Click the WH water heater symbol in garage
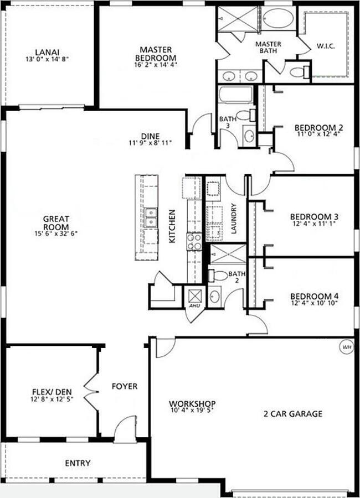347,347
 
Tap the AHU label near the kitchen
194,305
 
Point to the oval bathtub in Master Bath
279,19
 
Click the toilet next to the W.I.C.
299,71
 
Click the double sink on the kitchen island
151,217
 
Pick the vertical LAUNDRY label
234,219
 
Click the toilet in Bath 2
218,275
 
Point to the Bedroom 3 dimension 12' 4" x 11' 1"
314,224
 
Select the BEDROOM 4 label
314,295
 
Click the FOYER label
125,386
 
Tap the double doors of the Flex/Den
91,391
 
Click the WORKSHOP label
192,404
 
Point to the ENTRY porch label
78,463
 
